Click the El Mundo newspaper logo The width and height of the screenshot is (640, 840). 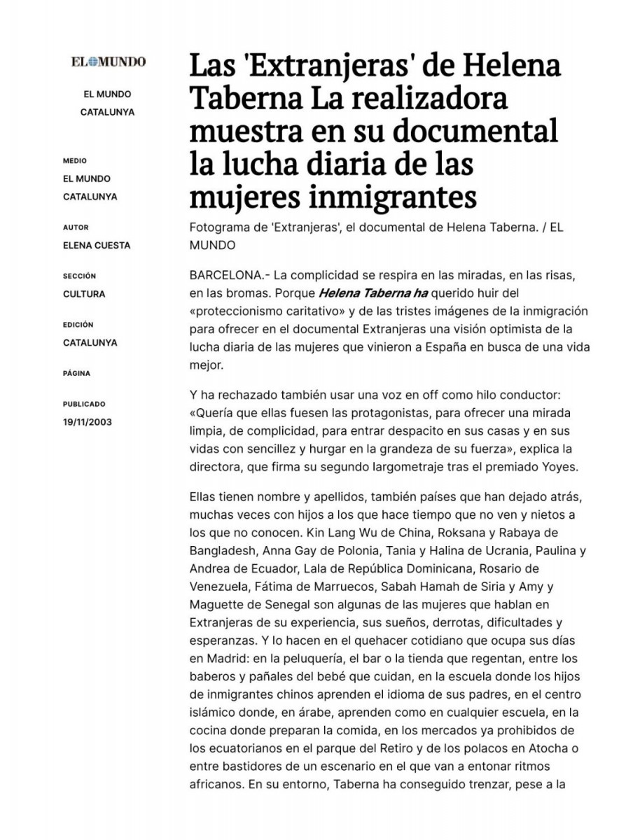pyautogui.click(x=108, y=62)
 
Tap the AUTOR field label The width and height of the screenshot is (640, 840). pyautogui.click(x=76, y=227)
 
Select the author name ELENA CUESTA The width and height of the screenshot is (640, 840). pyautogui.click(x=97, y=246)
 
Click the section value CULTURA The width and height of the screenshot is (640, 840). pyautogui.click(x=84, y=294)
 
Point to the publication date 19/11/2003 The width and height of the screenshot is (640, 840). pyautogui.click(x=87, y=422)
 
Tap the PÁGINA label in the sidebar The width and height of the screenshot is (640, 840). pyautogui.click(x=76, y=374)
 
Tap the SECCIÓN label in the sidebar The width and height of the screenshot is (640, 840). pyautogui.click(x=79, y=276)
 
